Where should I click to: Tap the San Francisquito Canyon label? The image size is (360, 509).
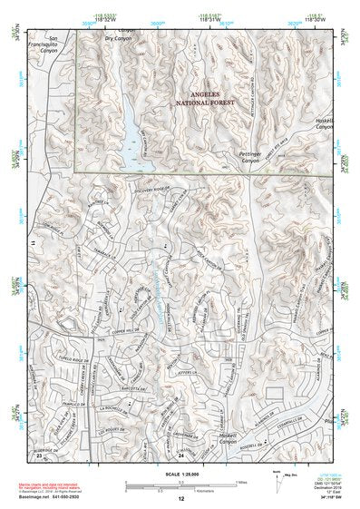click(x=46, y=47)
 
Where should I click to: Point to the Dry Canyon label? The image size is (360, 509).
click(x=119, y=39)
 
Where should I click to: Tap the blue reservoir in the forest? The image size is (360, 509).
click(x=134, y=136)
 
